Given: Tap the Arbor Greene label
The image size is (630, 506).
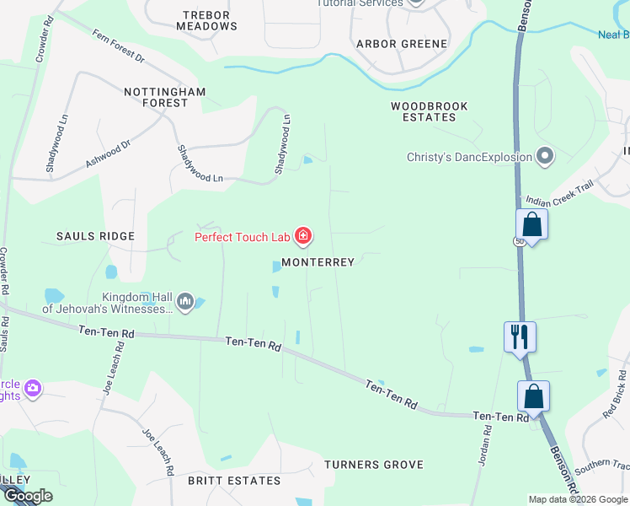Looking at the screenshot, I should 402,44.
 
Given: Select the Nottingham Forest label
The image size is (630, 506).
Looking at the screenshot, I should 156,97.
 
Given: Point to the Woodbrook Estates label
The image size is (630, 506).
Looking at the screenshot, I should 429,112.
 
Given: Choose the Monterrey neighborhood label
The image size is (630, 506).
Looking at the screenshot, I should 318,262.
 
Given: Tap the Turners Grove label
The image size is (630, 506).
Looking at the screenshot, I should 373,465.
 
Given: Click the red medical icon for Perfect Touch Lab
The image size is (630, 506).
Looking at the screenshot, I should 302,236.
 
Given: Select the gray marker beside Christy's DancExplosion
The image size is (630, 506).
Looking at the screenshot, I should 545,157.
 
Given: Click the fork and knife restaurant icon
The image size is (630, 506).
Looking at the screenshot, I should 520,336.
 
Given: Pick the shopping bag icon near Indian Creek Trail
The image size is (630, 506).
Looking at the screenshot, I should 531,224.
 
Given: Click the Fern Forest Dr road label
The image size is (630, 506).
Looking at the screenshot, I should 119,47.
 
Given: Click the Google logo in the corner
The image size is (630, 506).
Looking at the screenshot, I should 27,496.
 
